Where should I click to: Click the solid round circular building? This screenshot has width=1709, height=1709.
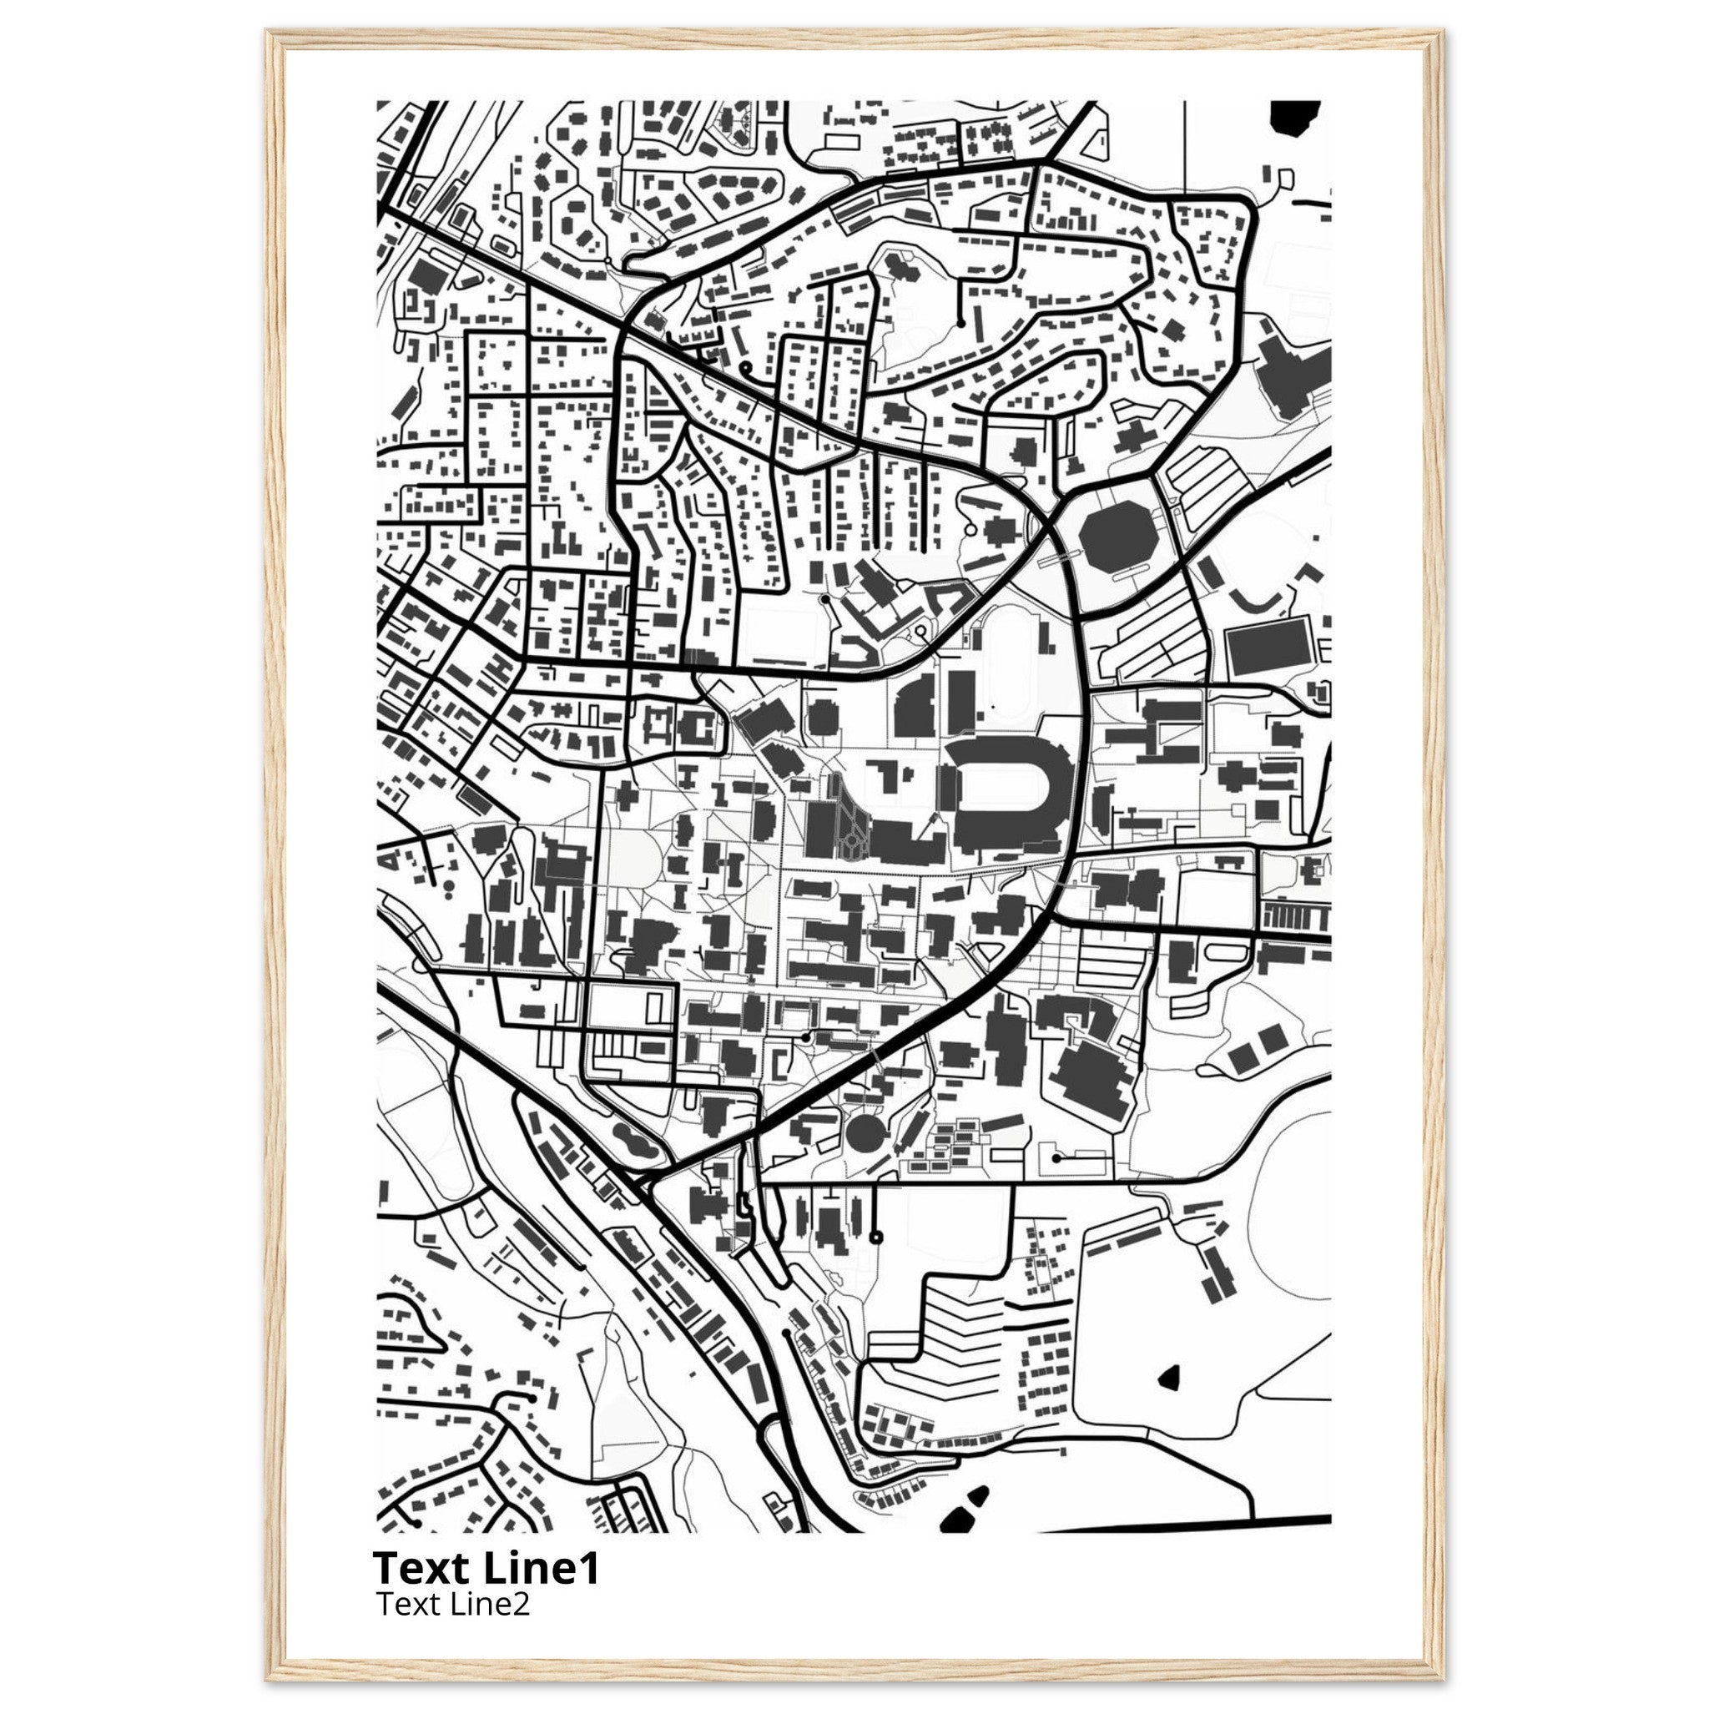pyautogui.click(x=865, y=1133)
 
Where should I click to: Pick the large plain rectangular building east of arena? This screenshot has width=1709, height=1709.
pyautogui.click(x=1268, y=647)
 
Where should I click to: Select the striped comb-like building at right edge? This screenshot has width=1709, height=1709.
pyautogui.click(x=1296, y=915)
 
